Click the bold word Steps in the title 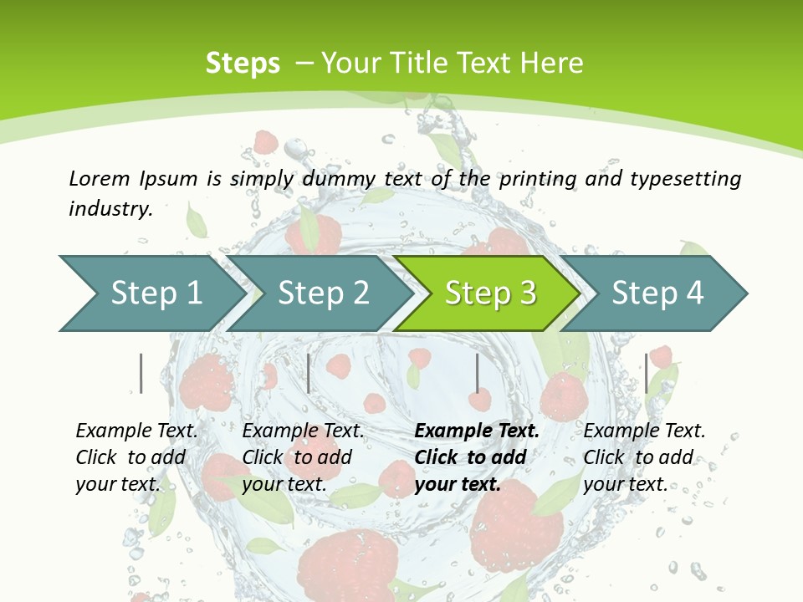tap(243, 64)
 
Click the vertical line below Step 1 tap(141, 373)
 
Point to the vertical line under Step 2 tap(309, 373)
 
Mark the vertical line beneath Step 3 tap(477, 373)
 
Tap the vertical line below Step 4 tap(646, 373)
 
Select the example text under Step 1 tap(136, 457)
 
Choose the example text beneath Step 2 tap(303, 457)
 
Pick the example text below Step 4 tap(644, 457)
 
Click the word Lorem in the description tap(100, 178)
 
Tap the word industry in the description tap(110, 209)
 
